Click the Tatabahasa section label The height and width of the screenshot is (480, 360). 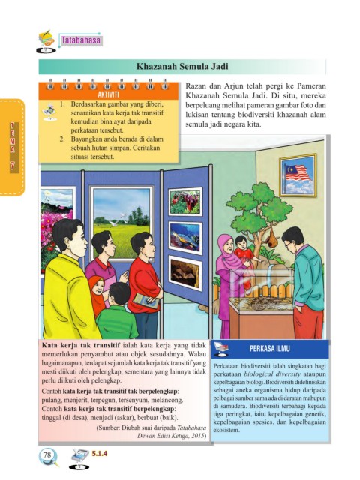point(81,40)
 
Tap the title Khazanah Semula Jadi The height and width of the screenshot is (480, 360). point(182,67)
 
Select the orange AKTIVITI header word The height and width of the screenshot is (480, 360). point(108,94)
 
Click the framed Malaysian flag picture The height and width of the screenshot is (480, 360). point(298,175)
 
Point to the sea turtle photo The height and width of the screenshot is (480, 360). point(185,238)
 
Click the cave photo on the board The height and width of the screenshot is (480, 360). point(185,273)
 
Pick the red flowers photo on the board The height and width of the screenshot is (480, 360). point(185,202)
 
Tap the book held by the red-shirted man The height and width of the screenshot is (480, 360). point(146,301)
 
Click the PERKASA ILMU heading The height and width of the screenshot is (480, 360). point(270,348)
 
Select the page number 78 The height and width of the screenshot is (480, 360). point(47,454)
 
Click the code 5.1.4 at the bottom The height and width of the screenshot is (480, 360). point(100,453)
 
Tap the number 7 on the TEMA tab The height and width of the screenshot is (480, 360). point(13,165)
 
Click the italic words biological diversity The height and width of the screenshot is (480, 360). point(272,373)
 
